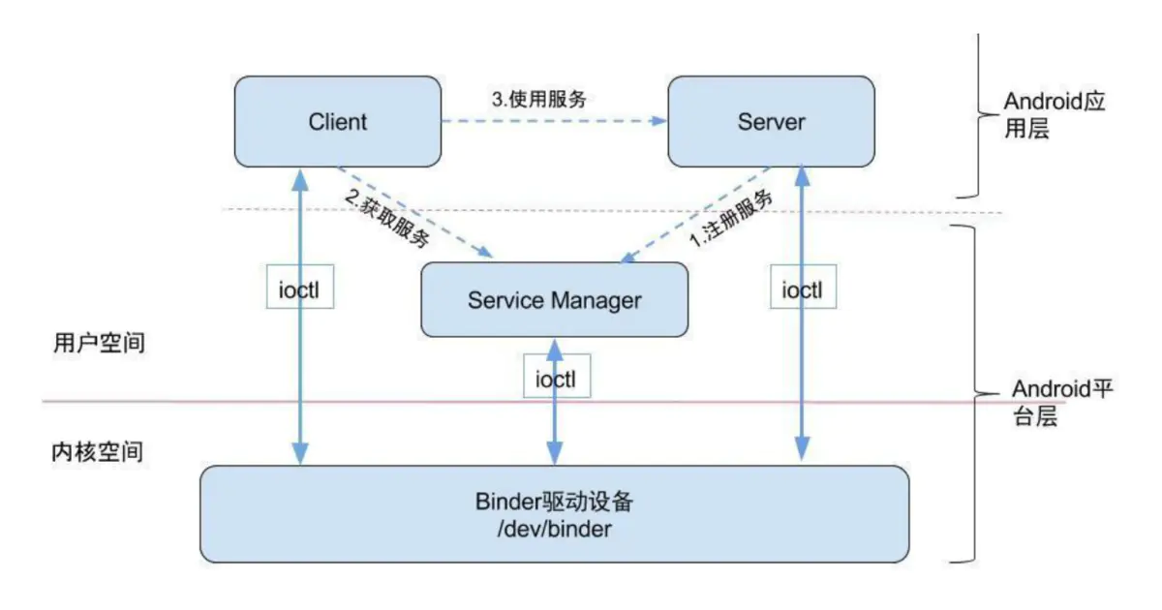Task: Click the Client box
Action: coord(337,122)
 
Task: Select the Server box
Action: coord(771,122)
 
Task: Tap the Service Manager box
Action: coord(554,299)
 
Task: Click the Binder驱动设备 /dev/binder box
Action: coord(554,514)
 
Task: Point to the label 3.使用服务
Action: coord(539,98)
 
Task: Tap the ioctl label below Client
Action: coord(300,290)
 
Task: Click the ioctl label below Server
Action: coord(802,290)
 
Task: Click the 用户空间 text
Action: coord(99,344)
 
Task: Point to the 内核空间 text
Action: coord(99,452)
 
